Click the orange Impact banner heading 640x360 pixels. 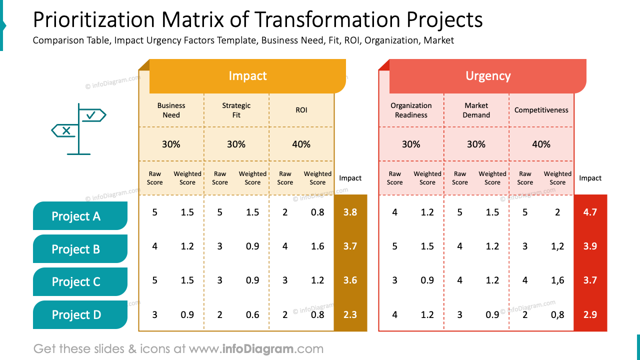(247, 76)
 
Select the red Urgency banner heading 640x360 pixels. (487, 76)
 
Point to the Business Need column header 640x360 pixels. (171, 110)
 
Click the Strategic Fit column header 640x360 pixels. (236, 110)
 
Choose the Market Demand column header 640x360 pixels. (476, 110)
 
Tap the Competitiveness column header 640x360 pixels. (541, 110)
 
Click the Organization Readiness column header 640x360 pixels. (411, 110)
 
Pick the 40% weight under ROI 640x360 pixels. (301, 144)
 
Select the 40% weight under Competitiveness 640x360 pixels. (541, 144)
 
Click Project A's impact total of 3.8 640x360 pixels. (350, 212)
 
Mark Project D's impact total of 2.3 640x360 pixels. (350, 314)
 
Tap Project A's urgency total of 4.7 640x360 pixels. (590, 212)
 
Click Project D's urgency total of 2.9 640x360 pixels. (590, 314)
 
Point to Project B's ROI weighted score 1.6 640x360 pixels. (317, 246)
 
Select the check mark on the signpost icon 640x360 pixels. (91, 115)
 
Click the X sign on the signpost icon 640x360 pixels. (65, 131)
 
